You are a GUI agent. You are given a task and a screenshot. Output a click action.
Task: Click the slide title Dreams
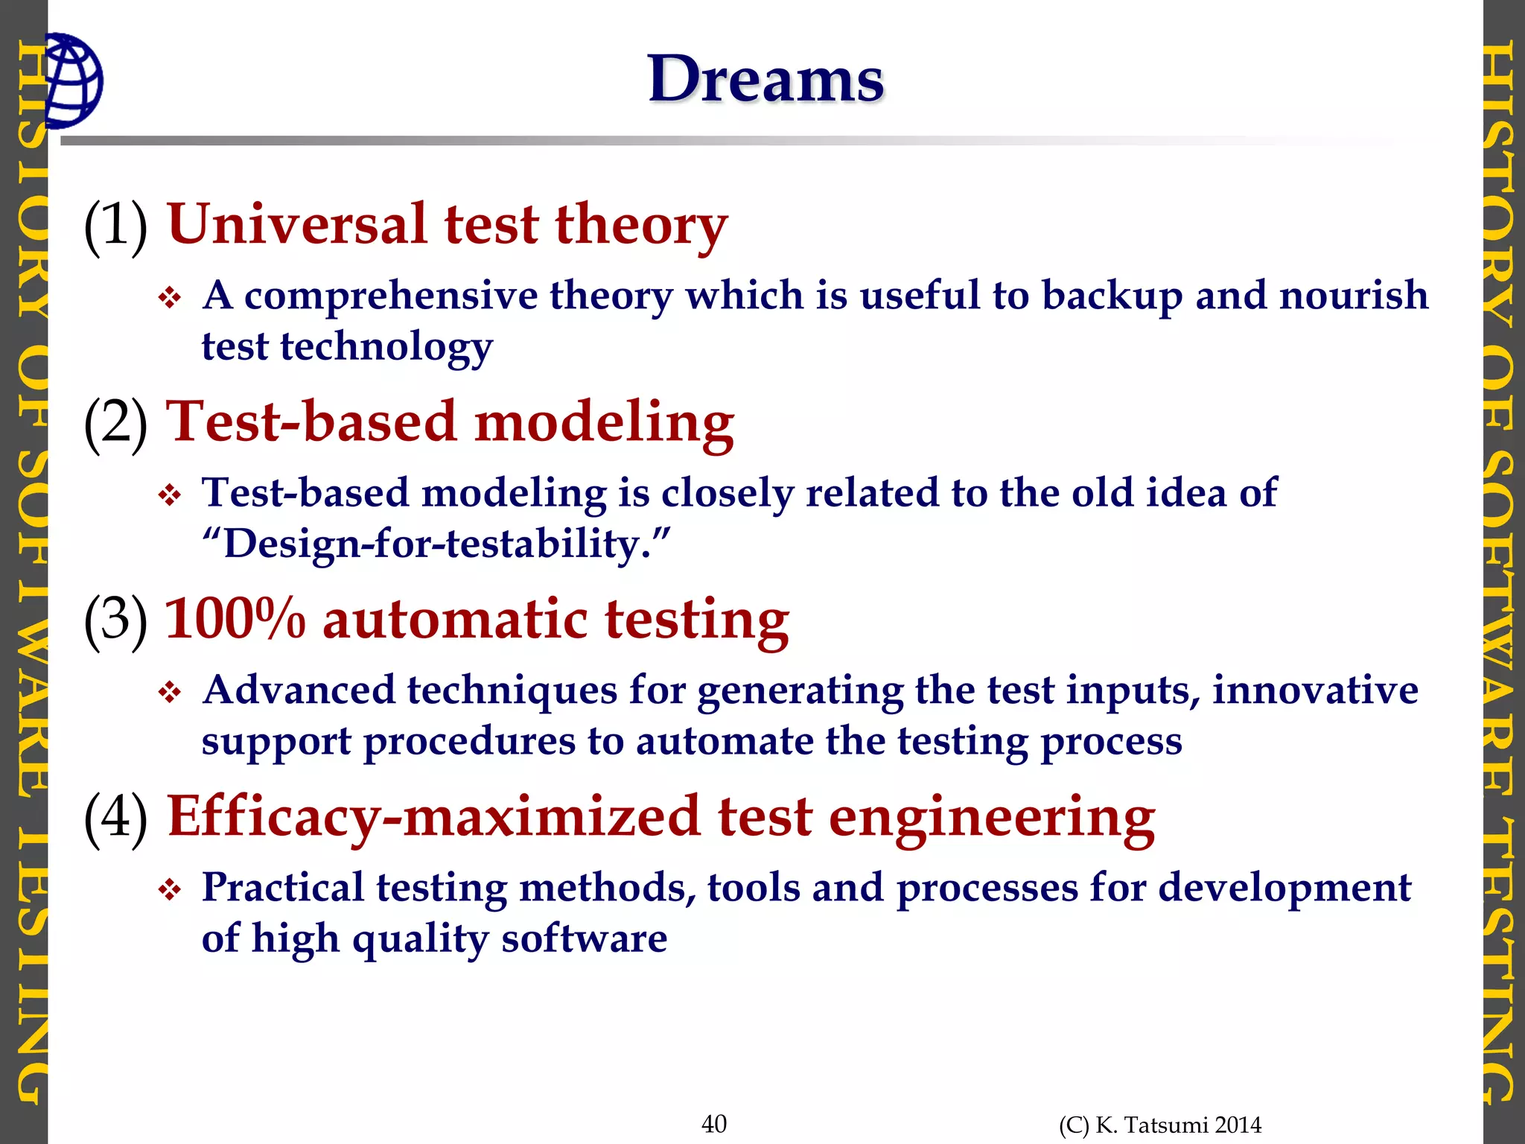pos(765,80)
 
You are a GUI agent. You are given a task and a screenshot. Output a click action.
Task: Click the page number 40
pos(714,1123)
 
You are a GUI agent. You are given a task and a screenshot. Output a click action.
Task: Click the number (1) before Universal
pos(115,225)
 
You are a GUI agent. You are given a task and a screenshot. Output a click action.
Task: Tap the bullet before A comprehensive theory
pos(170,299)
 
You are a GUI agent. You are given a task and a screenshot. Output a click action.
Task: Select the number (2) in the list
pos(115,422)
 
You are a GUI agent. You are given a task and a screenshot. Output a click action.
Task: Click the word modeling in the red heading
pos(604,422)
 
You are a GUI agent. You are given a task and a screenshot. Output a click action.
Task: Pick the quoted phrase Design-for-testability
pos(436,544)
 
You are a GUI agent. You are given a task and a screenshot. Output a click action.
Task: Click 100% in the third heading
pos(235,619)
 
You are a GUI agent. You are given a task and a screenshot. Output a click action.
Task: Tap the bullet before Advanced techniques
pos(170,693)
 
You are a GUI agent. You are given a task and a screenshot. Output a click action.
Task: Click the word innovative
pos(1315,690)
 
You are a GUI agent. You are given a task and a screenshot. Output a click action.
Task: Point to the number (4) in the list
pos(115,817)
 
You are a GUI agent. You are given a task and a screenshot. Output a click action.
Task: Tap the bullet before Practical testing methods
pos(170,890)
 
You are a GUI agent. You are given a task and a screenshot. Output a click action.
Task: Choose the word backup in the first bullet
pos(1112,296)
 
